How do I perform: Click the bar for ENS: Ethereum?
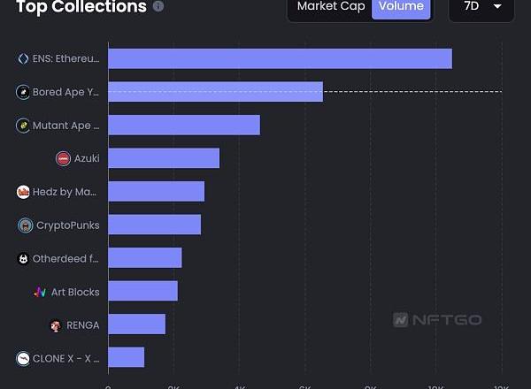[x=280, y=58]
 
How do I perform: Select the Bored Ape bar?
[x=215, y=92]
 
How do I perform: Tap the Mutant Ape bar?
[x=184, y=125]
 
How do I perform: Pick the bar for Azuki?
[x=164, y=158]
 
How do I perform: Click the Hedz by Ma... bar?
[x=156, y=192]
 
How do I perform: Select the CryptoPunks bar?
[x=154, y=225]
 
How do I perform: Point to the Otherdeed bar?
[x=144, y=258]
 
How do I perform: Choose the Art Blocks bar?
[x=142, y=292]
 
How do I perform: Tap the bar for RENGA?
[x=136, y=324]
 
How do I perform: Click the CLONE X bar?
[x=126, y=358]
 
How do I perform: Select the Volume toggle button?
[x=401, y=7]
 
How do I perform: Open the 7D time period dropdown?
[x=481, y=7]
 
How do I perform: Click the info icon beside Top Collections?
[x=158, y=6]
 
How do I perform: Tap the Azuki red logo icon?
[x=63, y=158]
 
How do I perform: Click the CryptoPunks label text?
[x=68, y=225]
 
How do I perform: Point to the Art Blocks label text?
[x=75, y=292]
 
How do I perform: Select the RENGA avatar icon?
[x=56, y=325]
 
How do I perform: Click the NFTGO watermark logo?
[x=438, y=320]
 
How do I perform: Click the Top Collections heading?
[x=81, y=7]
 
